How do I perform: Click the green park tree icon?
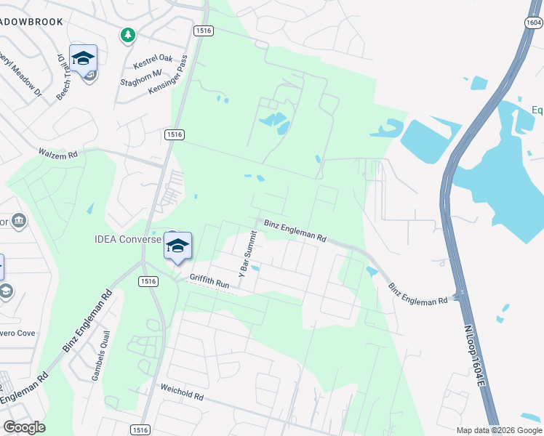[128, 34]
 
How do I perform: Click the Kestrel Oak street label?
[153, 59]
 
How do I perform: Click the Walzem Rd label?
[57, 153]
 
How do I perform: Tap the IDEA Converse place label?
[128, 239]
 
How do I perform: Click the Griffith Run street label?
[209, 281]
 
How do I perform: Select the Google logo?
[24, 427]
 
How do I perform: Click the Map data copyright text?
[499, 430]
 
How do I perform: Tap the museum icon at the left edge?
[19, 221]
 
